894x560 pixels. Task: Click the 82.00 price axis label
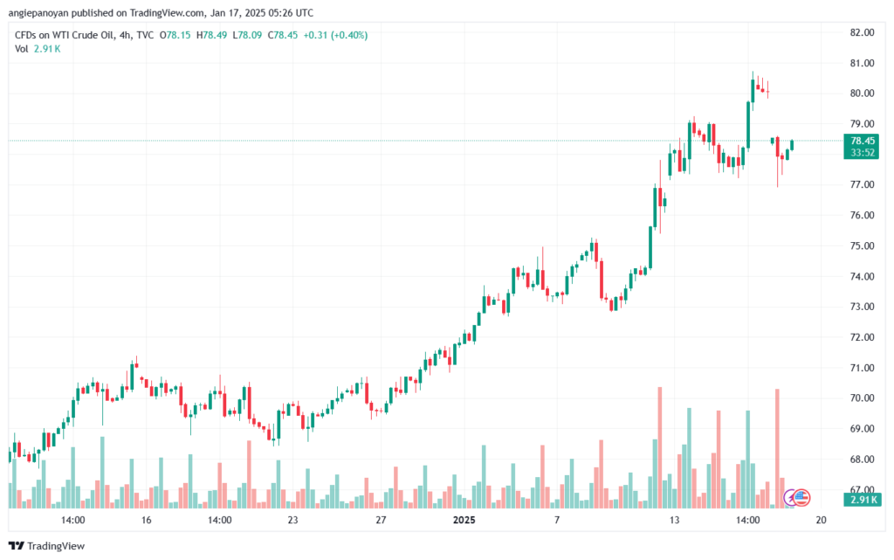point(862,32)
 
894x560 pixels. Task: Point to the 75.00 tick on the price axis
point(862,245)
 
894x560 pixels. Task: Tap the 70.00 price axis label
point(862,398)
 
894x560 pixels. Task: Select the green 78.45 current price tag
point(862,141)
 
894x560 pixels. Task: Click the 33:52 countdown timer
point(862,153)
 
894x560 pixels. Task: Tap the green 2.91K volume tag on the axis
point(862,500)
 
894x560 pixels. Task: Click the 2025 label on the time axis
point(464,520)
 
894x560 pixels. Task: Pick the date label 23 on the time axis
point(292,520)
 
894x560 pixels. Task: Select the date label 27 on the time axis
point(381,520)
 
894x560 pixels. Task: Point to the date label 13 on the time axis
point(675,520)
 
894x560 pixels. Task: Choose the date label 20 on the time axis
point(821,520)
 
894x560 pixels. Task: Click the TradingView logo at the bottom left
point(47,546)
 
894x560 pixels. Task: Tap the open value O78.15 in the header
point(175,35)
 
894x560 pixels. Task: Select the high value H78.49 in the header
point(211,35)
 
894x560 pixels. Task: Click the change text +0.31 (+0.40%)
point(335,35)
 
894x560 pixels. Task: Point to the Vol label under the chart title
point(21,49)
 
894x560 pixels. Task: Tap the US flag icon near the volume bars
point(801,497)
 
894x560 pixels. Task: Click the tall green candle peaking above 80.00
point(748,125)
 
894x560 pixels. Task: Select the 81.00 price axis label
point(862,63)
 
